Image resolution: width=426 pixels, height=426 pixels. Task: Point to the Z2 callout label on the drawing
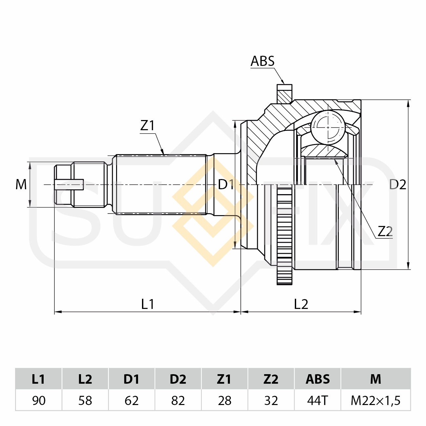click(385, 232)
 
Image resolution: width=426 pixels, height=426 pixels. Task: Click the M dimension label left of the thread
click(21, 184)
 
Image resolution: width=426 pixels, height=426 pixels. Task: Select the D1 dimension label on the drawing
click(226, 184)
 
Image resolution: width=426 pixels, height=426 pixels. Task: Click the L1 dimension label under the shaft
click(148, 304)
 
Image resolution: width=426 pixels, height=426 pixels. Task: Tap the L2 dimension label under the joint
click(301, 304)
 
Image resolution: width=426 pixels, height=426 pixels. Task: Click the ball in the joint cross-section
click(328, 128)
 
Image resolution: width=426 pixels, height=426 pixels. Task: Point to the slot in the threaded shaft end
click(69, 184)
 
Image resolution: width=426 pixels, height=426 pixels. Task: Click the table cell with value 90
click(39, 400)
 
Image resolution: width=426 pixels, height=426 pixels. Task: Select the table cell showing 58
click(85, 400)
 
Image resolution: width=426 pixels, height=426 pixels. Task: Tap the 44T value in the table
click(317, 400)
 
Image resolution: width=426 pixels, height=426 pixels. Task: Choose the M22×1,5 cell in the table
click(375, 400)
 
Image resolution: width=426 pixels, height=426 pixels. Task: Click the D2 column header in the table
click(178, 379)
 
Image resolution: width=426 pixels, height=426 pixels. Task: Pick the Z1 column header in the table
click(224, 379)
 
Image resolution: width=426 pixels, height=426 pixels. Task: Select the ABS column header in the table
click(317, 379)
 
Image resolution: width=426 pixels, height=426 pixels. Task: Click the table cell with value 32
click(271, 400)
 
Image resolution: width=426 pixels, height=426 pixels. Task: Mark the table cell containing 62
click(132, 400)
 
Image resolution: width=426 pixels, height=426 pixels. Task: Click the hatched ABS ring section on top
click(284, 94)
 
